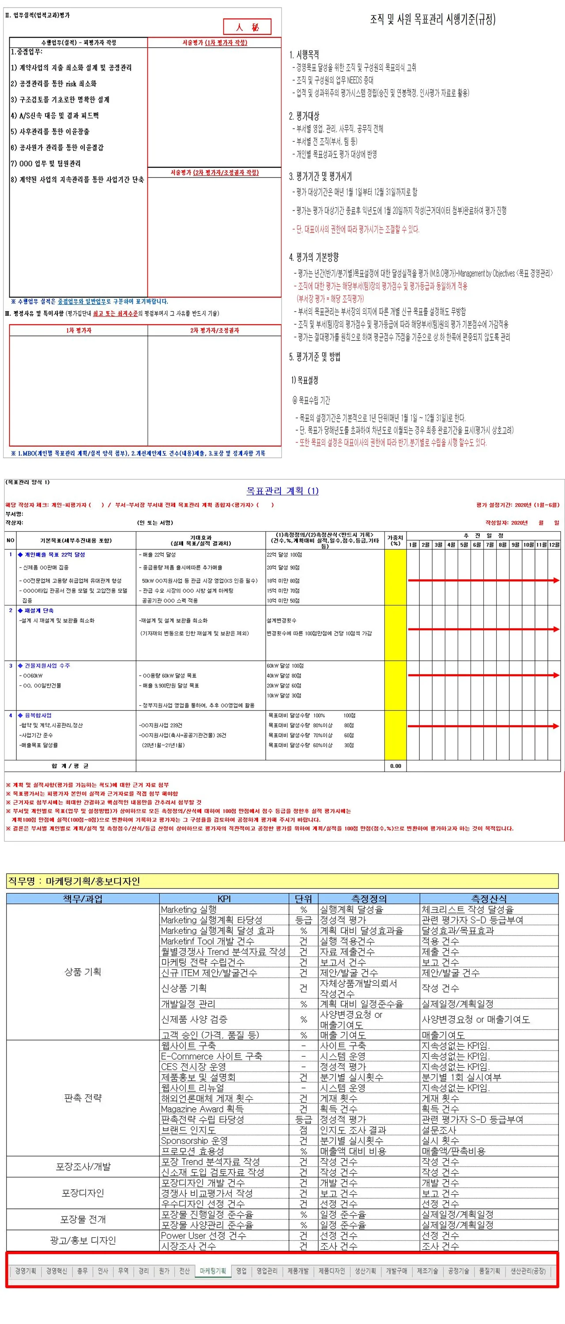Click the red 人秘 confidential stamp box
coord(247,27)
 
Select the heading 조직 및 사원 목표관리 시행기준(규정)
coord(433,19)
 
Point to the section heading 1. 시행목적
coord(304,54)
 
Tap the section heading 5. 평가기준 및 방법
coord(315,357)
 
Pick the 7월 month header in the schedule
coord(490,544)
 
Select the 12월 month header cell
coord(554,544)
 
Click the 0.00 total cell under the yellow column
coord(395,766)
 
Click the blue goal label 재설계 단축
coord(39,611)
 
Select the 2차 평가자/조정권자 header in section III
coord(215,331)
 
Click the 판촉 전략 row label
coord(83,1097)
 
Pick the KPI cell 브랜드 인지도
coord(188,1130)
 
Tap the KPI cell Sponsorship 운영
coord(194,1140)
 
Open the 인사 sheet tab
coord(103,1271)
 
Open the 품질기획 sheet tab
coord(489,1271)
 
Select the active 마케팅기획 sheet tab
coord(212,1271)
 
